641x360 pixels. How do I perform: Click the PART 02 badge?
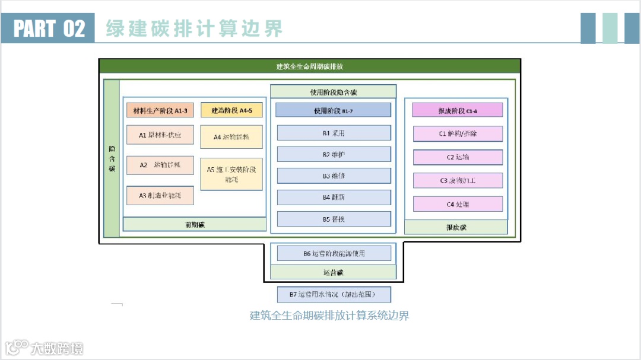coord(48,28)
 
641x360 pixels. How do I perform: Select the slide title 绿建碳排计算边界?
coord(194,28)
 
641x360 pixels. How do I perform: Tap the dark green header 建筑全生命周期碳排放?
coord(309,66)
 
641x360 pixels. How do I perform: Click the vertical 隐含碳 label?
coord(112,158)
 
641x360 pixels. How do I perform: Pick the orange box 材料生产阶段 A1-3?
coord(160,111)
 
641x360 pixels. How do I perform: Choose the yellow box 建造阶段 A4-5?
coord(231,111)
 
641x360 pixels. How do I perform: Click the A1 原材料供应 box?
coord(160,135)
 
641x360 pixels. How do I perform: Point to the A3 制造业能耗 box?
coord(160,195)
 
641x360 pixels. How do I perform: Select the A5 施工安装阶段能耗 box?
coord(231,174)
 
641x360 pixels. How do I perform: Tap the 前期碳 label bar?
coord(194,224)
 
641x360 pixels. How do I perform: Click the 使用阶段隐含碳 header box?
coord(333,92)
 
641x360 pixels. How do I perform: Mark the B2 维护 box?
coord(334,154)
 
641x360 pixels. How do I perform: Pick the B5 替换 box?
coord(334,219)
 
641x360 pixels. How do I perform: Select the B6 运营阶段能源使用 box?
coord(334,253)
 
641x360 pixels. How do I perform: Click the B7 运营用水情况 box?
coord(334,294)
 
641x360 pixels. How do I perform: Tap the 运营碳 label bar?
coord(333,272)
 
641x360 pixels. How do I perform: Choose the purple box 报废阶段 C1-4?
coord(458,110)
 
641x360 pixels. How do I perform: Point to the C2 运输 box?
coord(458,157)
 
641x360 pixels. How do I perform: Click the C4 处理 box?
coord(458,204)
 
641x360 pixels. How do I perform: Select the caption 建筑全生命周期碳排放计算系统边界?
coord(329,316)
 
